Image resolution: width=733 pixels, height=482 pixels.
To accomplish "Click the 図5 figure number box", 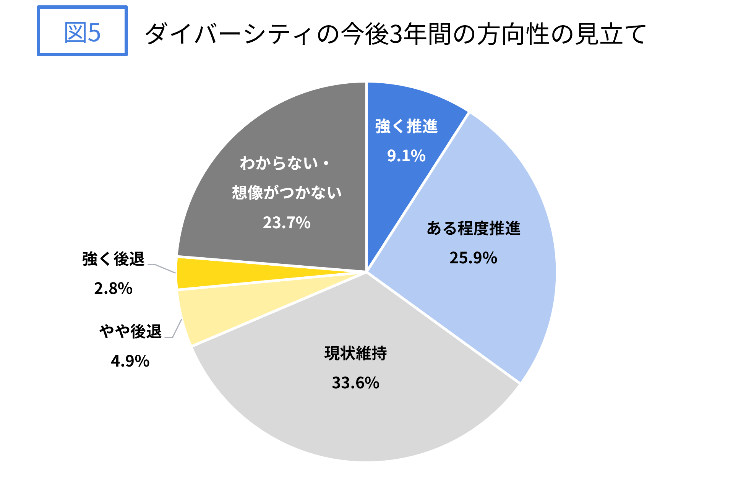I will pyautogui.click(x=82, y=31).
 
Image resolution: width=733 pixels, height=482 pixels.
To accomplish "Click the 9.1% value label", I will pyautogui.click(x=406, y=156).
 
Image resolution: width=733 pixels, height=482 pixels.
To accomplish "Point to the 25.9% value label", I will pyautogui.click(x=473, y=258).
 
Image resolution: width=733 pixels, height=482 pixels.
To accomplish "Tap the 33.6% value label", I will pyautogui.click(x=355, y=383).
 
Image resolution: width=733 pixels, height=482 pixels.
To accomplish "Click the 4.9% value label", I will pyautogui.click(x=130, y=361).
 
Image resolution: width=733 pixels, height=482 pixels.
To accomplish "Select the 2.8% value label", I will pyautogui.click(x=113, y=288).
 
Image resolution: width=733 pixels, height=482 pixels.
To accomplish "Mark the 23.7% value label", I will pyautogui.click(x=287, y=222).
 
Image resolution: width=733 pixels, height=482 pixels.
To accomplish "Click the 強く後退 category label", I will pyautogui.click(x=113, y=259).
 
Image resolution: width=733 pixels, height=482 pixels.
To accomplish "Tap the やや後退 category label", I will pyautogui.click(x=130, y=331).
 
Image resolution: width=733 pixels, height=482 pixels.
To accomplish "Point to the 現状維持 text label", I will pyautogui.click(x=355, y=353).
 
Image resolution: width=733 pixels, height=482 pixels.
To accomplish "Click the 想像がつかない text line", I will pyautogui.click(x=287, y=192).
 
